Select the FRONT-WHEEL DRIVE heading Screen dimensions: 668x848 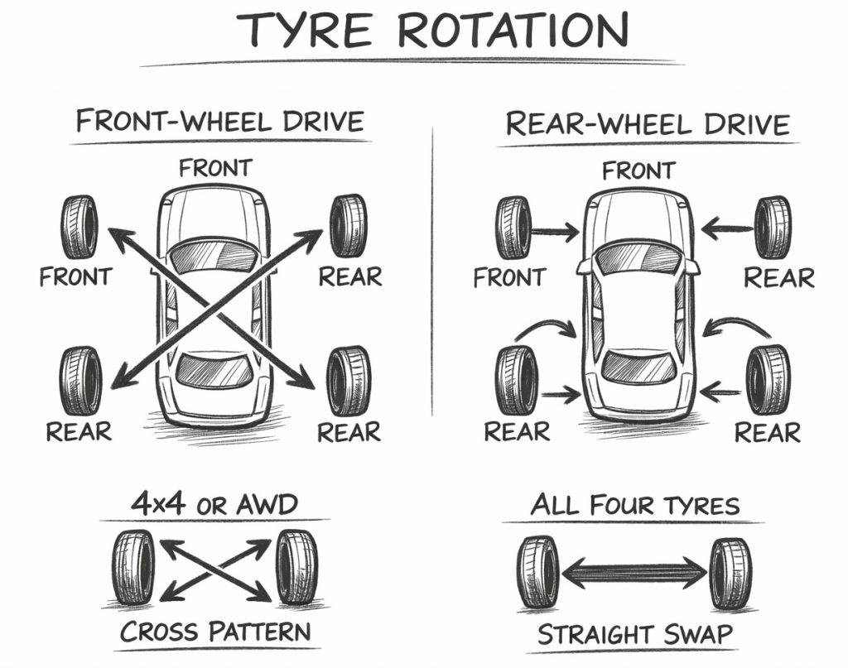click(219, 122)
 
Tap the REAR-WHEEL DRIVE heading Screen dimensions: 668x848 click(647, 124)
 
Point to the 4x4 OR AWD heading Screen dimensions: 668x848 click(214, 505)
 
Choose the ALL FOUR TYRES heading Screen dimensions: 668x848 click(634, 504)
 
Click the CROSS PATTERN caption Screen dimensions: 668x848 click(215, 632)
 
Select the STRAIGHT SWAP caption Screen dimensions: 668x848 click(635, 635)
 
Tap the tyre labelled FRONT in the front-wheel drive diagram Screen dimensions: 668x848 click(79, 227)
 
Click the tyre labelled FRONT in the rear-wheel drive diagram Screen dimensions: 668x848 click(513, 228)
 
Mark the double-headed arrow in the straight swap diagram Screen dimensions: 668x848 click(634, 570)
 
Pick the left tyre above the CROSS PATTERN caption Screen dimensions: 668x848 click(133, 568)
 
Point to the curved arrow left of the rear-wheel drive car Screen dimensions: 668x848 click(547, 326)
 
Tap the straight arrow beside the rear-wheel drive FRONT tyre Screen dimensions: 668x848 click(556, 233)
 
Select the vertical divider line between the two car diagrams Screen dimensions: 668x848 click(433, 273)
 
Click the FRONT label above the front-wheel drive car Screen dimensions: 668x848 click(214, 168)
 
